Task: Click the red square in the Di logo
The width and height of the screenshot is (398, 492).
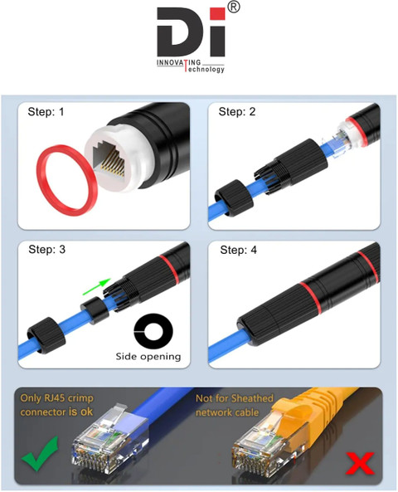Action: [x=217, y=14]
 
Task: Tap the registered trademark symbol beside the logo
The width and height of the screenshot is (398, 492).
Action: [x=233, y=7]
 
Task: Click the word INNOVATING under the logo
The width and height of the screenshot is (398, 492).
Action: [x=178, y=62]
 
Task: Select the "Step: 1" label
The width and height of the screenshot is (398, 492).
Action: [x=46, y=112]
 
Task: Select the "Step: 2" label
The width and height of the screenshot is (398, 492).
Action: [x=237, y=112]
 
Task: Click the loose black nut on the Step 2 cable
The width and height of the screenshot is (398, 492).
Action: [x=233, y=197]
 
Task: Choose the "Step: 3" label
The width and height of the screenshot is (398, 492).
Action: [x=46, y=250]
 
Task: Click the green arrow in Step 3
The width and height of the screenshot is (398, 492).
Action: [x=97, y=286]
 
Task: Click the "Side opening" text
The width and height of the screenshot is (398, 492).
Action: [x=148, y=357]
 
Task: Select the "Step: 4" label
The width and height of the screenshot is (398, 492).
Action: [x=238, y=250]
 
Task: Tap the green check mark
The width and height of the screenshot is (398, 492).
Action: [x=40, y=454]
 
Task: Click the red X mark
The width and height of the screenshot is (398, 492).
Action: [x=360, y=463]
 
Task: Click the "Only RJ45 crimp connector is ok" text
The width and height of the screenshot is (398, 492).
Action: [x=56, y=405]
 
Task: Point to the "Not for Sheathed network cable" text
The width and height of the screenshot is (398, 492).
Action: [x=235, y=405]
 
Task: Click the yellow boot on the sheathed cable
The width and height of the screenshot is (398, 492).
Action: [x=301, y=414]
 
